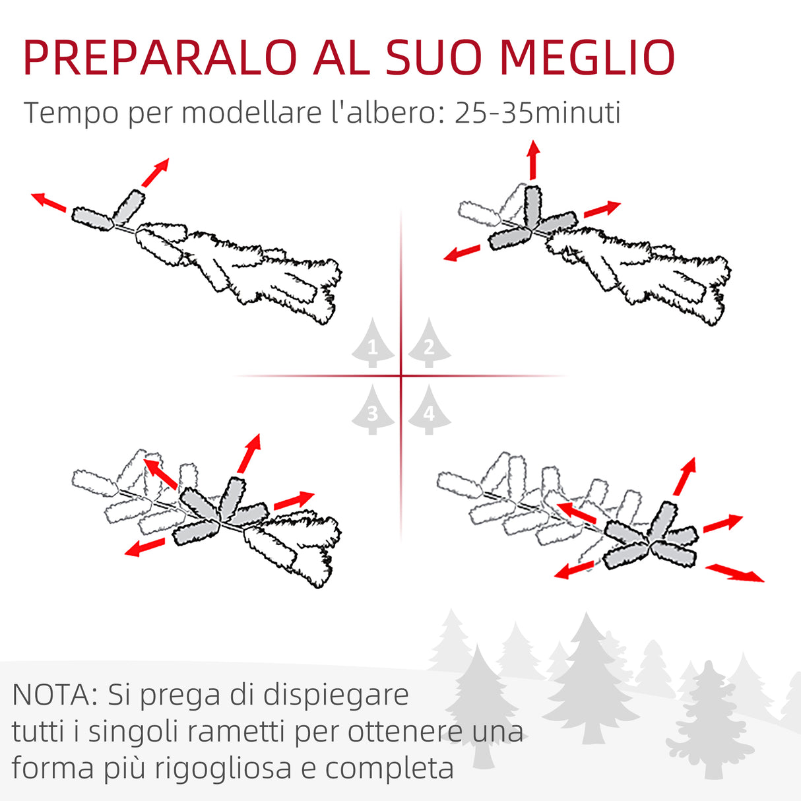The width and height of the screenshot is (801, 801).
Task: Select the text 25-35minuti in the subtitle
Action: (x=537, y=112)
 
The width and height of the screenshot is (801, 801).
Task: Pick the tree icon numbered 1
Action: (x=373, y=343)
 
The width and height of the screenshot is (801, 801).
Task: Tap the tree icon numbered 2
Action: (x=429, y=343)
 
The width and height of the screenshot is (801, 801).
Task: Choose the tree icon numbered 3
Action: (x=373, y=410)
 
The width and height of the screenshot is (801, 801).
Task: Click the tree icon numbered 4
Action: (x=429, y=410)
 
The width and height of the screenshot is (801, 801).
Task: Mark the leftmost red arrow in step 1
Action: (x=48, y=201)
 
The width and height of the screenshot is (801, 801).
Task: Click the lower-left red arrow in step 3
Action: (x=144, y=547)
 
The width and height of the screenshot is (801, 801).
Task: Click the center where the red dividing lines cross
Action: (x=401, y=376)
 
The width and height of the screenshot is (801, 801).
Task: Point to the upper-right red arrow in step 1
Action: (x=156, y=172)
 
